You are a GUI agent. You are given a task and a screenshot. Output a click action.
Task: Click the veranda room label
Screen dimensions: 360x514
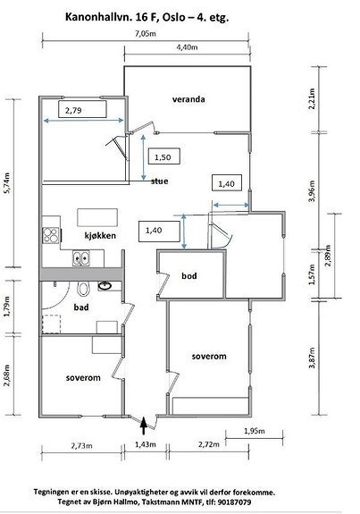[x=188, y=99]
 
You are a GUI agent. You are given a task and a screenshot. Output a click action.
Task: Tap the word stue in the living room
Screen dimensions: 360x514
[x=160, y=181]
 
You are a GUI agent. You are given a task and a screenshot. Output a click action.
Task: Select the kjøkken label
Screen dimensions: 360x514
[x=100, y=235]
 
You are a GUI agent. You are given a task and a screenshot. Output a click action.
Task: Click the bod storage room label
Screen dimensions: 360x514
[x=189, y=275]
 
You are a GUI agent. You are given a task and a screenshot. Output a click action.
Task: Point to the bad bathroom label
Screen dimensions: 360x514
[x=81, y=308]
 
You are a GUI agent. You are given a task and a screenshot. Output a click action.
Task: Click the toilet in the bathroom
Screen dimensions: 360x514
[x=83, y=289]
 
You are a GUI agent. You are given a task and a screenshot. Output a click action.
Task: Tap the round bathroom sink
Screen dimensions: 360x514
[x=105, y=286]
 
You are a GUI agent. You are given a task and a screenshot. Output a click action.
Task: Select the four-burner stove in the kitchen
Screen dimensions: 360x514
[x=51, y=235]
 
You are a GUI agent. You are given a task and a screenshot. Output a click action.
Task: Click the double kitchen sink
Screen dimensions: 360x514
[x=81, y=258]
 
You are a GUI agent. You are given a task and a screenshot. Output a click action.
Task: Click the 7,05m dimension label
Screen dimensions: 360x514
[x=146, y=33]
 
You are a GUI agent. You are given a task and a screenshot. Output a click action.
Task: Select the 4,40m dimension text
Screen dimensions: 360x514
[x=187, y=46]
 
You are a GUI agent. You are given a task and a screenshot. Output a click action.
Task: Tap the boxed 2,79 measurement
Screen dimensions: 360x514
[x=82, y=109]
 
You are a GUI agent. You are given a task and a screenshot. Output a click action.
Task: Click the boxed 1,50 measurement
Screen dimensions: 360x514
[x=163, y=156]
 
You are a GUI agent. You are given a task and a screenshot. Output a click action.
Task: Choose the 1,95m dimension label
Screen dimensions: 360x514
[x=255, y=431]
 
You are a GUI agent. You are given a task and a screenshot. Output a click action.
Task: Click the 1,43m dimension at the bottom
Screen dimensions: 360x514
[x=146, y=444]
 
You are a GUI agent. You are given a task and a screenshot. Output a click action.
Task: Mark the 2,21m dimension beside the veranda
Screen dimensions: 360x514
[x=312, y=99]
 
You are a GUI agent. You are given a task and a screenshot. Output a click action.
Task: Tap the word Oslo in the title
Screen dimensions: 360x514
[x=173, y=17]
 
